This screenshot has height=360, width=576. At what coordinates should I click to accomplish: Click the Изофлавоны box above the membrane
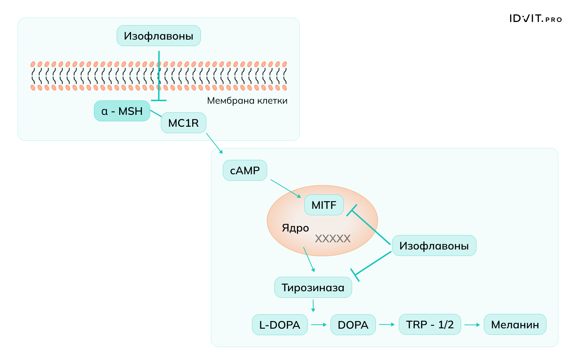point(158,36)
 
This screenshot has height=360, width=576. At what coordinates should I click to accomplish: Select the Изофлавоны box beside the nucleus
point(434,246)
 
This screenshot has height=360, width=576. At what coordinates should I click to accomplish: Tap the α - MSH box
point(122,111)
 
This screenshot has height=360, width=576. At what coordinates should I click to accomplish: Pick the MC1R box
point(183,123)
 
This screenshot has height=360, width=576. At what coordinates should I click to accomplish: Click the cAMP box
point(245,170)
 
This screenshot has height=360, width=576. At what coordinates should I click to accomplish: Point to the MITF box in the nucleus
point(324,205)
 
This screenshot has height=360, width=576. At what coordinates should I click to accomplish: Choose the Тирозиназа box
point(313,287)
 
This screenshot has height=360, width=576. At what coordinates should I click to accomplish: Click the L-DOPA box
point(280,325)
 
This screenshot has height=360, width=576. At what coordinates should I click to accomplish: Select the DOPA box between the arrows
point(353,325)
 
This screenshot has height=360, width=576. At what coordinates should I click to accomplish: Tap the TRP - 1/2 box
point(429,324)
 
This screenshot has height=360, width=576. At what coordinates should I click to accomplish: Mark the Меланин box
point(515,324)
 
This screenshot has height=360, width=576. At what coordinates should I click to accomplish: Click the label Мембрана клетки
point(247,100)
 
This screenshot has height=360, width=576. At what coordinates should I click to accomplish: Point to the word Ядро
point(295,228)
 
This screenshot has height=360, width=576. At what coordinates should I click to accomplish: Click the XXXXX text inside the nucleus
point(333,239)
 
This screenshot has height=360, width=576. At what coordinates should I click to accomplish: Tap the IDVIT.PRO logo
point(535,19)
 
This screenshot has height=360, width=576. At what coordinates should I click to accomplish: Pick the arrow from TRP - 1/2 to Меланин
point(472,325)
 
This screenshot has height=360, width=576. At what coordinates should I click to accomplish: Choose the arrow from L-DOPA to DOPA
point(319,325)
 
